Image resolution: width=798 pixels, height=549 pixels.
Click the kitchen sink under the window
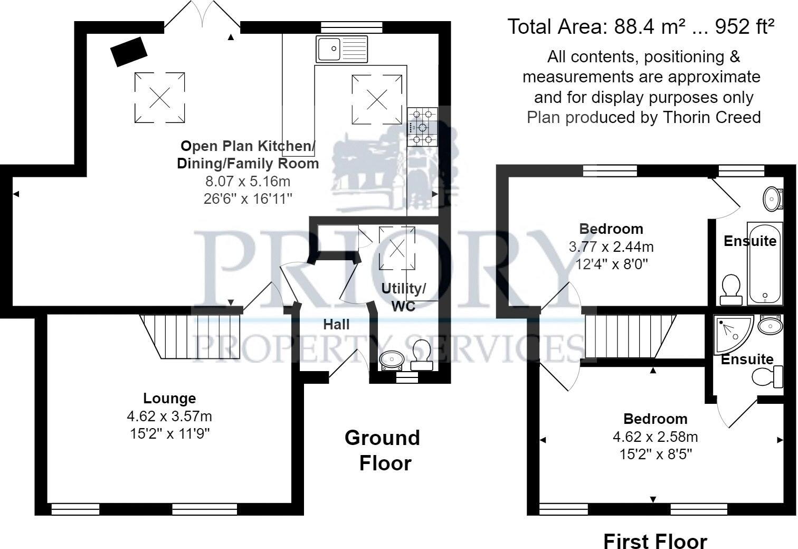pyautogui.click(x=341, y=49)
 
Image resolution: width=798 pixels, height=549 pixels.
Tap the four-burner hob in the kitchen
pyautogui.click(x=422, y=127)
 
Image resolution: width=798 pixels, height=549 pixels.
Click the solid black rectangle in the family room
pyautogui.click(x=129, y=52)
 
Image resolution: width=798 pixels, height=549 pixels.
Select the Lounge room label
pyautogui.click(x=169, y=398)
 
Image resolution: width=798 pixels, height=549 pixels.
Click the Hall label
pyautogui.click(x=336, y=324)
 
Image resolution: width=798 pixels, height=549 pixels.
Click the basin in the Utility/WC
pyautogui.click(x=392, y=359)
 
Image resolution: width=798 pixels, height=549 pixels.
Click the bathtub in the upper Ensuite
pyautogui.click(x=764, y=264)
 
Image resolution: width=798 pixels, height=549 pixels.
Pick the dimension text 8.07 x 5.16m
pyautogui.click(x=248, y=181)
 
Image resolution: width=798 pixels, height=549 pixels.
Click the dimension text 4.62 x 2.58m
pyautogui.click(x=655, y=437)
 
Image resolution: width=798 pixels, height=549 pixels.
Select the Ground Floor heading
pyautogui.click(x=382, y=450)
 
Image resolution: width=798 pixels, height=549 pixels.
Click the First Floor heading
pyautogui.click(x=654, y=541)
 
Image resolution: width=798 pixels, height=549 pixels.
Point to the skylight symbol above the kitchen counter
pyautogui.click(x=377, y=99)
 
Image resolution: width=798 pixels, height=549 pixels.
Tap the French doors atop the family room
pyautogui.click(x=203, y=16)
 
